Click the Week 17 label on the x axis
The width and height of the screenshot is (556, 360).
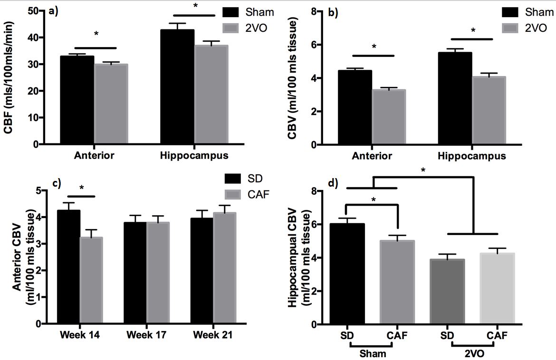point(146,335)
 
